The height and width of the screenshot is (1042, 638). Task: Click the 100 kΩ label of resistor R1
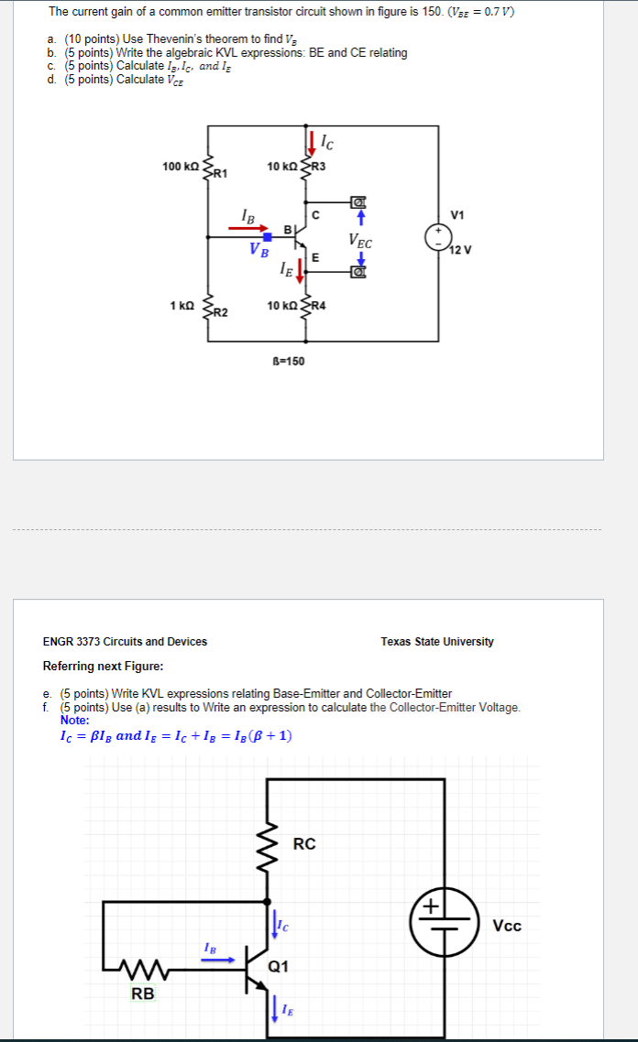coord(180,166)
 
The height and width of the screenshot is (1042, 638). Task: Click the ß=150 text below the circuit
coord(289,361)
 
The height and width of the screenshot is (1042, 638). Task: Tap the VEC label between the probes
coord(360,241)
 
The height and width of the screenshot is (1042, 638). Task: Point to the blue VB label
coord(259,251)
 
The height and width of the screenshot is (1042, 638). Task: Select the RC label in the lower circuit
coord(304,843)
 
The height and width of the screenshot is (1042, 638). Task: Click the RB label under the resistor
coord(142,993)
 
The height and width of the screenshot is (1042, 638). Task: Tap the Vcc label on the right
coord(507,926)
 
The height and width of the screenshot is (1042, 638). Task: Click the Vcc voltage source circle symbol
coord(444,918)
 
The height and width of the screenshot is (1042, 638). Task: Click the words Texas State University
coord(437,641)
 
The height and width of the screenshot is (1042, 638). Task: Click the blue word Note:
coord(74,720)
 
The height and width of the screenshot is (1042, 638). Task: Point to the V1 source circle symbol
coord(437,237)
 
